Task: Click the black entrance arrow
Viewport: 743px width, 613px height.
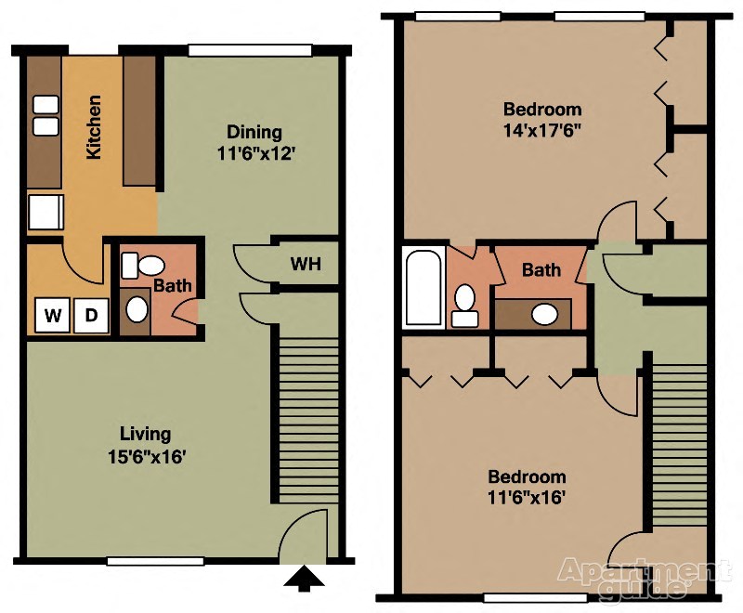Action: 304,580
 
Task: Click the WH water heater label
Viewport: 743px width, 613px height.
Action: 306,265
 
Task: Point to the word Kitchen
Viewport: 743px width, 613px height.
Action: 94,127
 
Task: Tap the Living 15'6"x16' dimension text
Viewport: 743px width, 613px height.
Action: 146,445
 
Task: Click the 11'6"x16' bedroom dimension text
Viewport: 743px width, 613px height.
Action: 528,487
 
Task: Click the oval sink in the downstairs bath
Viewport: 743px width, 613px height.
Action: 137,307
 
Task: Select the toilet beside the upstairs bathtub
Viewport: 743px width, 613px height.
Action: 464,304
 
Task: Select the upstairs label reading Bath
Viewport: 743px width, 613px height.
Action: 541,270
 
